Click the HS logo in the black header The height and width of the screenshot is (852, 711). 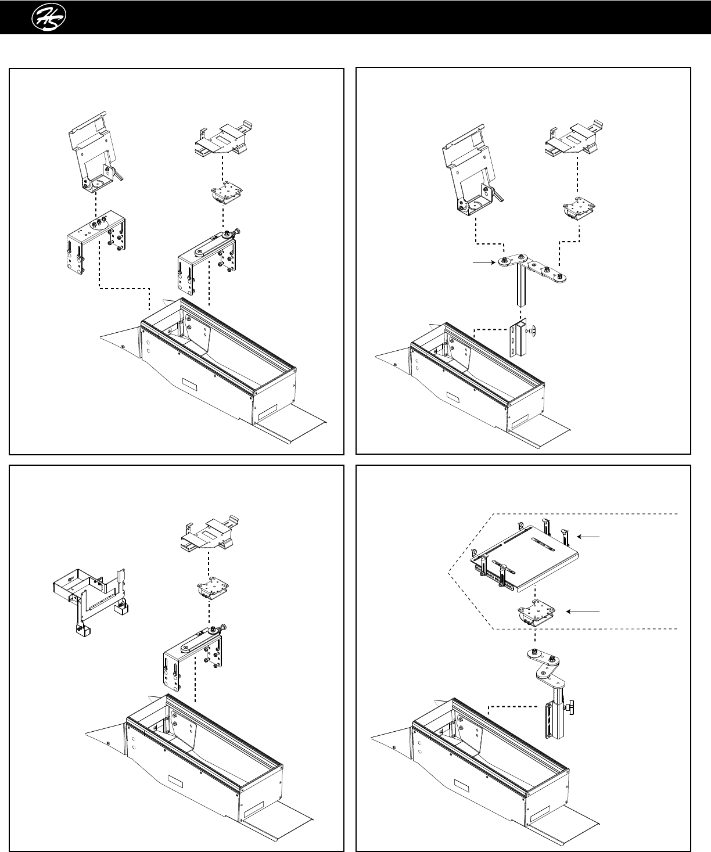tap(50, 17)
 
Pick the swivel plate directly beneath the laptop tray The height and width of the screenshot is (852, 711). tap(536, 613)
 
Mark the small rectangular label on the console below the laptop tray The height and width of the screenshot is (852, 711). tap(461, 787)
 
